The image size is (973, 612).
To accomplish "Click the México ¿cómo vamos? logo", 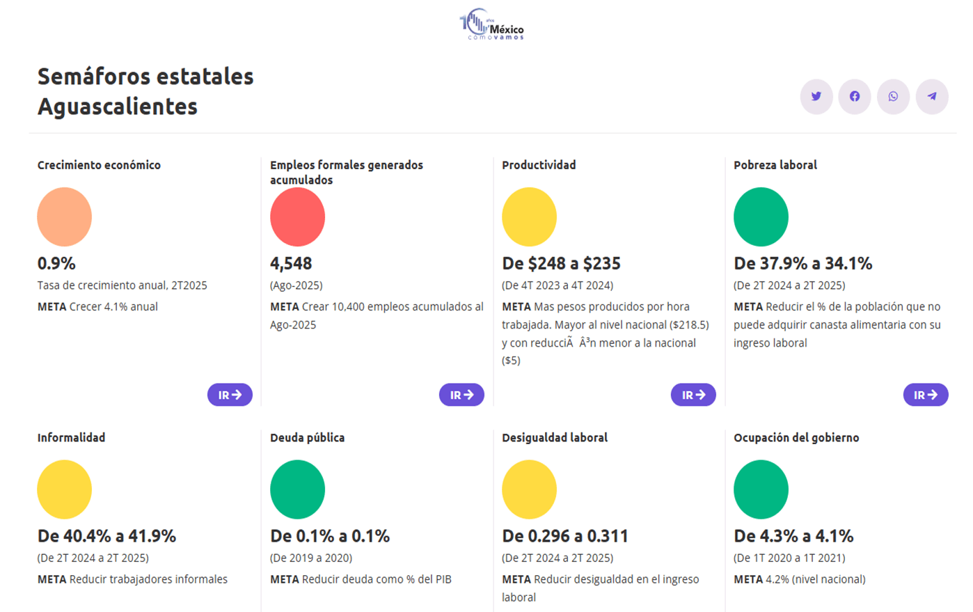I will [x=491, y=24].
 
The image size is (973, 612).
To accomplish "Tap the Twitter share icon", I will [x=816, y=96].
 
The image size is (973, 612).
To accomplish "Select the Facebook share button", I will [x=854, y=96].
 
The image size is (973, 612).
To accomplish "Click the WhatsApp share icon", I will [x=893, y=96].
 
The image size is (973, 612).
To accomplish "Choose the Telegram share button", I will [x=932, y=96].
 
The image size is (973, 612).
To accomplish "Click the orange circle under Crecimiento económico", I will [x=64, y=217].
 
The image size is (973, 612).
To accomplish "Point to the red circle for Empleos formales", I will [x=297, y=217].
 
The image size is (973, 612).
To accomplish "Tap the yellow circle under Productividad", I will [x=529, y=217].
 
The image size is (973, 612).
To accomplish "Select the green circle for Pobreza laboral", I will [x=761, y=217].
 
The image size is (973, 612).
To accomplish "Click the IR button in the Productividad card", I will [x=693, y=395].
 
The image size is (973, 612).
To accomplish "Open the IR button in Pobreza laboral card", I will [x=925, y=395].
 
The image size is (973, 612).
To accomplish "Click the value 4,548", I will [x=291, y=264].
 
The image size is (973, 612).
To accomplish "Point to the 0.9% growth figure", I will [x=56, y=264].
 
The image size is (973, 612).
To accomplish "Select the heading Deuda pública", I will [x=307, y=437].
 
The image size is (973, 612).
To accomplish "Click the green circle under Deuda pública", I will [x=297, y=489].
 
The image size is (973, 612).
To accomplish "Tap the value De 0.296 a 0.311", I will [x=564, y=536].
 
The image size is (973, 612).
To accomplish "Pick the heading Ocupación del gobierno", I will [x=796, y=437].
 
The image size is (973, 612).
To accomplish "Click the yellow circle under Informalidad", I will [x=64, y=489].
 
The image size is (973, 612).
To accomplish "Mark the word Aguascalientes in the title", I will [x=118, y=107].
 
